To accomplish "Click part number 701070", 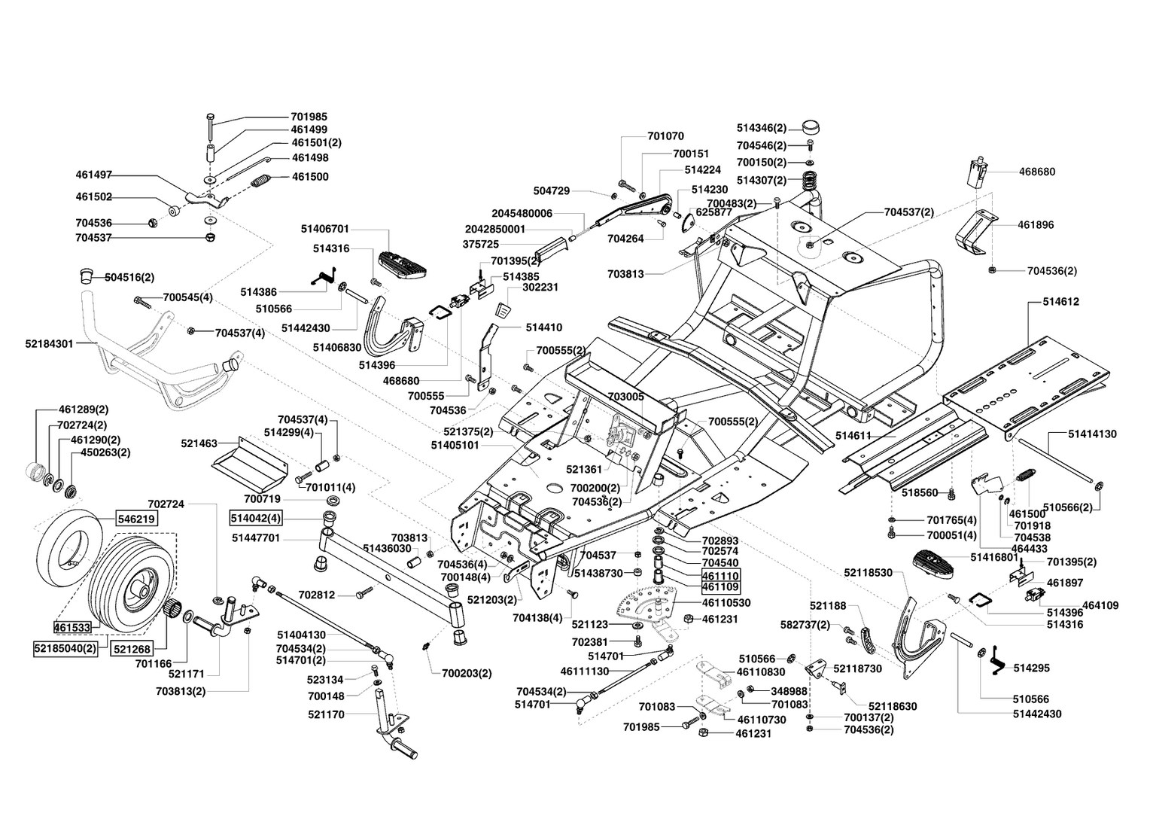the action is pyautogui.click(x=665, y=136).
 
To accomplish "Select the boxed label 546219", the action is pyautogui.click(x=136, y=519).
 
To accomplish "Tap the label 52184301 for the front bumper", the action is pyautogui.click(x=49, y=343).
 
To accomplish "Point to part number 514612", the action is pyautogui.click(x=1060, y=302).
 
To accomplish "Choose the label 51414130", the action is pyautogui.click(x=1092, y=434).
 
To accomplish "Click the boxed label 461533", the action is pyautogui.click(x=72, y=627).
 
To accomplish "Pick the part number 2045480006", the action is pyautogui.click(x=522, y=213).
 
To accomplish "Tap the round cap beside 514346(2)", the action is pyautogui.click(x=811, y=127).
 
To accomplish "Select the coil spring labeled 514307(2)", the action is pyautogui.click(x=810, y=181).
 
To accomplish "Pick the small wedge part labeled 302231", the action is pyautogui.click(x=503, y=311).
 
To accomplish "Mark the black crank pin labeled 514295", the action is pyautogui.click(x=996, y=661).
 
